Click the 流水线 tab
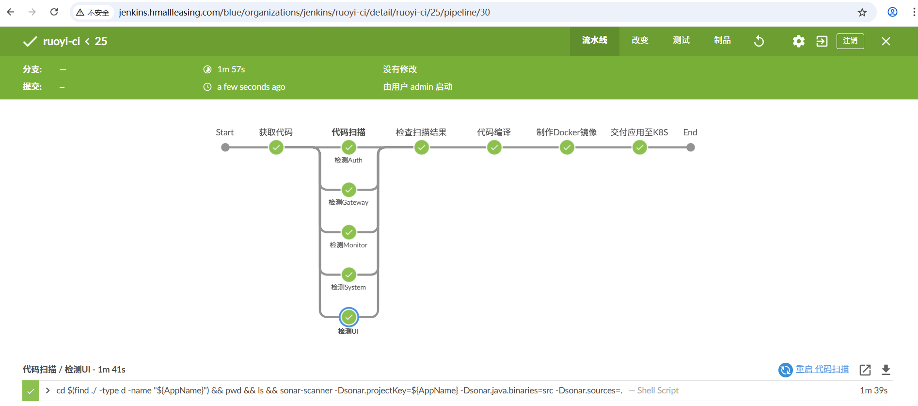(x=594, y=41)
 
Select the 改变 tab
(x=640, y=41)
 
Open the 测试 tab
(x=681, y=41)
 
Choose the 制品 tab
(x=722, y=41)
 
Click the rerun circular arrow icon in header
(x=759, y=41)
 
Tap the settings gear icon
(x=798, y=41)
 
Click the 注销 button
(x=850, y=41)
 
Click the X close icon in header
(x=886, y=41)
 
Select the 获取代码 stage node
(x=276, y=147)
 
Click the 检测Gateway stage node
(x=349, y=190)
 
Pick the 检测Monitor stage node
(x=349, y=232)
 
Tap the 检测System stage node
(x=349, y=275)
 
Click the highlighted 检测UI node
(x=349, y=317)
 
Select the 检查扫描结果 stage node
(x=422, y=147)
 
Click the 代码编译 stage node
(x=494, y=147)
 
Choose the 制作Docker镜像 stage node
(x=567, y=147)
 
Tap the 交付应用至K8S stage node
(x=640, y=147)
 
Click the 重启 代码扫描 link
(x=822, y=369)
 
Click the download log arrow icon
(x=886, y=370)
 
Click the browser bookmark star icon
(x=862, y=13)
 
